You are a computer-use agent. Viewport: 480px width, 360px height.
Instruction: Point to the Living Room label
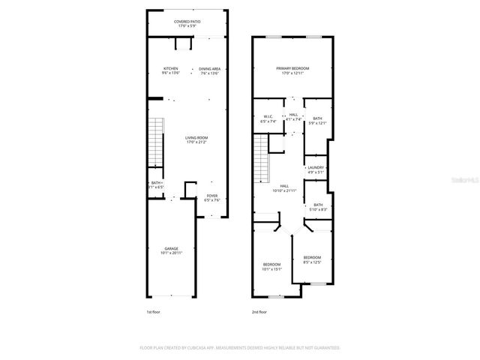coord(197,138)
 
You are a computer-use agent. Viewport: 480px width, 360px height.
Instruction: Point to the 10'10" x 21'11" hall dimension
coord(285,190)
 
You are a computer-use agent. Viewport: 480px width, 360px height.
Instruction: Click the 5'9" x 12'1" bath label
coord(317,121)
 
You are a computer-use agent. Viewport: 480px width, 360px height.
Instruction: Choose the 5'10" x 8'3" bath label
coord(318,207)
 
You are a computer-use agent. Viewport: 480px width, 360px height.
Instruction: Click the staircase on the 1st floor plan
coord(156,142)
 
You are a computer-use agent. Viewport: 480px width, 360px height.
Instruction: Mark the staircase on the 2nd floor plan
coord(262,158)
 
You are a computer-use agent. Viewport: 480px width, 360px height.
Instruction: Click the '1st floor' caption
coord(152,310)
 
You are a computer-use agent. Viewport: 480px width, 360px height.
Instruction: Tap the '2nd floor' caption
coord(259,310)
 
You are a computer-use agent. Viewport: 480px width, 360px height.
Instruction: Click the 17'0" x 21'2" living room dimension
coord(197,142)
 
